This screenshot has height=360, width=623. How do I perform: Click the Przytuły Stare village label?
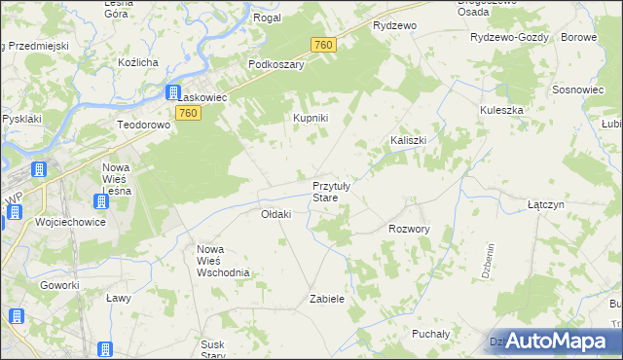(x=338, y=191)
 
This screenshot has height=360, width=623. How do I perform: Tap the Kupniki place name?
(x=311, y=118)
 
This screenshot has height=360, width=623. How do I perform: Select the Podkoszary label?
(x=276, y=64)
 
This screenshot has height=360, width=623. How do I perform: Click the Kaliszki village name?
(x=409, y=140)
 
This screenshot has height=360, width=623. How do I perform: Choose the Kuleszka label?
(x=501, y=110)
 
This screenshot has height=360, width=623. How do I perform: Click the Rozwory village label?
(x=409, y=230)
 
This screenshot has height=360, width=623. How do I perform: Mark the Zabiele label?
(x=327, y=299)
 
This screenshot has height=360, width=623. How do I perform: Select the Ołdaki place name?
(x=276, y=214)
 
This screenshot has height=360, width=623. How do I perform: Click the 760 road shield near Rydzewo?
(x=324, y=45)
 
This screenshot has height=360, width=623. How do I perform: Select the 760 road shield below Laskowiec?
(x=189, y=114)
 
